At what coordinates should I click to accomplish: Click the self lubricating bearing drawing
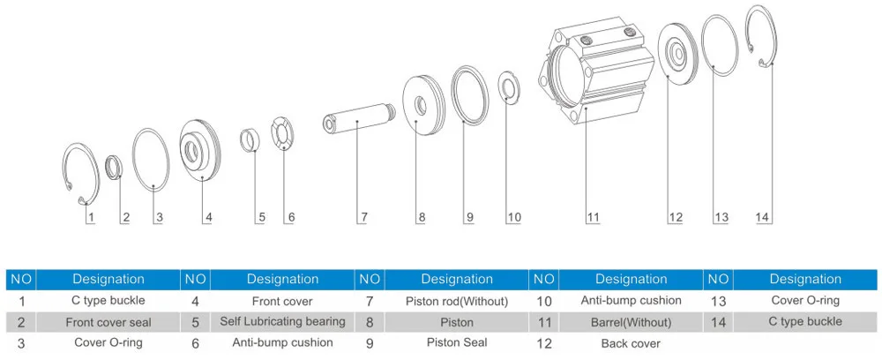pos(251,139)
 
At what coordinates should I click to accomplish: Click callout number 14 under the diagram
pos(764,216)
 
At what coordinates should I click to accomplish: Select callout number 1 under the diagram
pos(91,216)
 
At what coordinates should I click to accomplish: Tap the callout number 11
pos(593,216)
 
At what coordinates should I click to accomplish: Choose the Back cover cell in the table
pos(631,342)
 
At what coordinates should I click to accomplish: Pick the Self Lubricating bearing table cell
pos(282,320)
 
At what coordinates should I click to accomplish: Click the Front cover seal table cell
pos(108,321)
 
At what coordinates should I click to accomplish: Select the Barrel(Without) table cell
pos(631,321)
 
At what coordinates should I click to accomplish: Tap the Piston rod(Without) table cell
pos(457,301)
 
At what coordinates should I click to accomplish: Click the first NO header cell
pos(21,279)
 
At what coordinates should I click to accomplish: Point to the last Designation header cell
pos(805,279)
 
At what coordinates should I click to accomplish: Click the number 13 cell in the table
pos(718,301)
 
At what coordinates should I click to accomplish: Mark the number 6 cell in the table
pos(194,341)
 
